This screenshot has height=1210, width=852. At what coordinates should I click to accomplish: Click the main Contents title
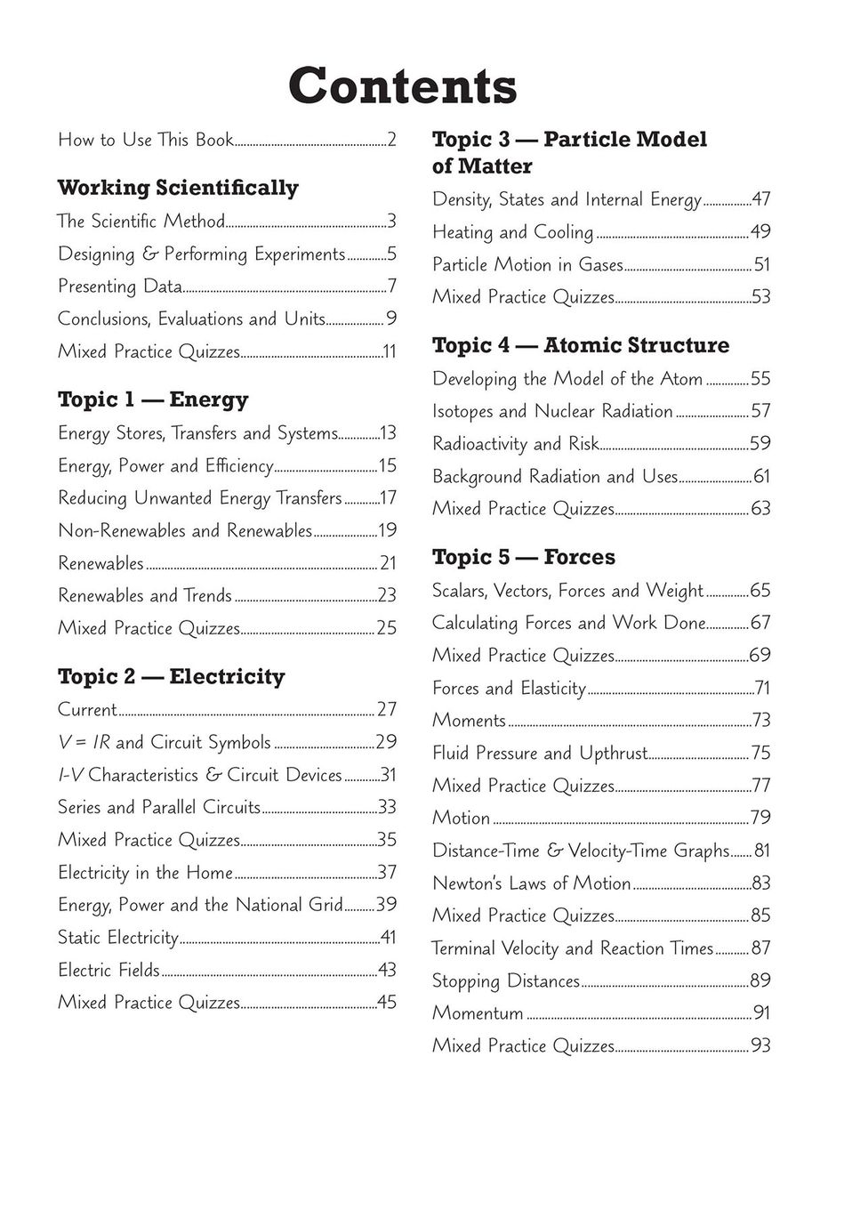402,86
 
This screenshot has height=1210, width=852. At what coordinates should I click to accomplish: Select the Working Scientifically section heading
178,188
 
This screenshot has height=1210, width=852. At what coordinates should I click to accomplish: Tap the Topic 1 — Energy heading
153,399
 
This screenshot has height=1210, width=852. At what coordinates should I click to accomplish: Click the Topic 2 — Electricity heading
172,676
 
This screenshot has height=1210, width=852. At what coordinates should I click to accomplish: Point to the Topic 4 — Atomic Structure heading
580,345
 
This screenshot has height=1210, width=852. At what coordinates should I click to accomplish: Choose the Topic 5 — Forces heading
523,557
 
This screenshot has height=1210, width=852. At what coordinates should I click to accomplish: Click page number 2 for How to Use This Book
391,140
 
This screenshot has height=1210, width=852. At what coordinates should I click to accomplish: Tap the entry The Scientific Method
141,221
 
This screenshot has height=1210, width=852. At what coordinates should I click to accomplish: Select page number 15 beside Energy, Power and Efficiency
387,465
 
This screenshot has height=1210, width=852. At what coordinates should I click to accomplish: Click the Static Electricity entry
118,937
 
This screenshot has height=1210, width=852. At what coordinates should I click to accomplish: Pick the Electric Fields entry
109,970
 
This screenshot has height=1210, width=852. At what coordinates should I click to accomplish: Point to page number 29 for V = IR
386,742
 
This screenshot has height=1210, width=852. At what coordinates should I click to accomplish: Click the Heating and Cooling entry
512,232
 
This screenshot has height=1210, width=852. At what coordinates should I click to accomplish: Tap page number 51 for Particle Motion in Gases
761,264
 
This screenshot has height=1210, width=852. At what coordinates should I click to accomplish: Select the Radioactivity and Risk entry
515,443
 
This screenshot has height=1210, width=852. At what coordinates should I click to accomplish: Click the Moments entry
469,720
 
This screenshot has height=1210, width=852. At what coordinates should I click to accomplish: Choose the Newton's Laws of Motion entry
531,883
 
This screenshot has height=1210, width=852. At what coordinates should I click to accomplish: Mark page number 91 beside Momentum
761,1012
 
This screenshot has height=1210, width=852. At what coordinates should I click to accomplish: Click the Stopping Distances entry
505,980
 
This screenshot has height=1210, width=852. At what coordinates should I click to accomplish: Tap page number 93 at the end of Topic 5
760,1045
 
